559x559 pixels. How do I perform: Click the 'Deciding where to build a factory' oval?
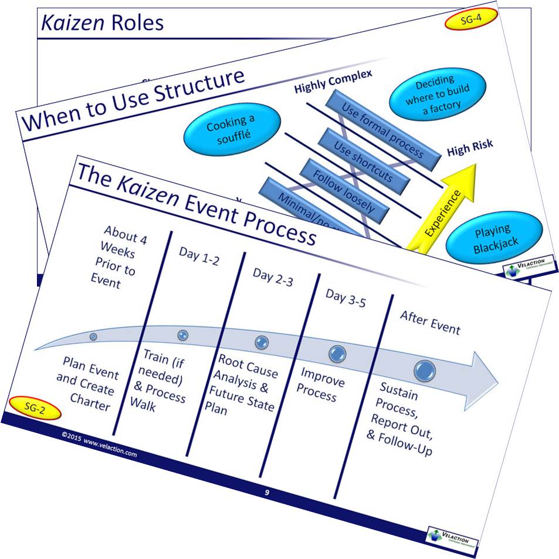point(438,93)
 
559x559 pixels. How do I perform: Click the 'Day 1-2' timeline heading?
point(198,257)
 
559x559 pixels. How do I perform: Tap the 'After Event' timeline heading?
point(430,322)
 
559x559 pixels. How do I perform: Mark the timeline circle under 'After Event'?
point(424,370)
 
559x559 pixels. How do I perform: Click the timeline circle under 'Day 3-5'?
point(337,353)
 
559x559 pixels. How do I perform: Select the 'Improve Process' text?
point(322,383)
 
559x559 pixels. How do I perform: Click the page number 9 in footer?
point(267,493)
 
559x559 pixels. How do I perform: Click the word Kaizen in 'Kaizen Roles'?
point(69,23)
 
